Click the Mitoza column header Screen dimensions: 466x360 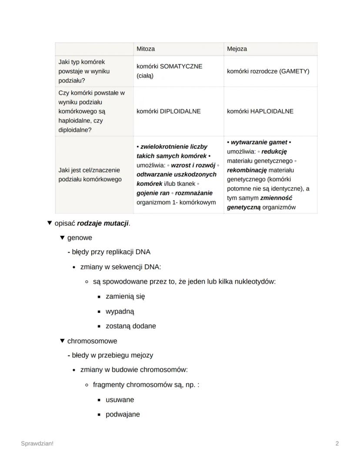146,49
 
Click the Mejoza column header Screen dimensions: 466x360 237,49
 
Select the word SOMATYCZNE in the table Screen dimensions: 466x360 181,67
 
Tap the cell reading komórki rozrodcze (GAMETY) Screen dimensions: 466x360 268,71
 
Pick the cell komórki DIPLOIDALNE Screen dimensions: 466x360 169,111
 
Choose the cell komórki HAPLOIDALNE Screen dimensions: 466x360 260,111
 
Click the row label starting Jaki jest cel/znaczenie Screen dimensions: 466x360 89,174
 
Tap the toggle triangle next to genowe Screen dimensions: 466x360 62,238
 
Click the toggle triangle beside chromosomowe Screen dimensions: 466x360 62,341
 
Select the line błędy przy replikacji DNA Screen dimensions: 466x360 111,252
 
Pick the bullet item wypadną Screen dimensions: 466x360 120,312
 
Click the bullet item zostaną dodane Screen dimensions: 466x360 130,326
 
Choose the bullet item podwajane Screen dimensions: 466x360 123,414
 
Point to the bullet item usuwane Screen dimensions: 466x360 120,399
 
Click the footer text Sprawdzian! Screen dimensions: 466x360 37,443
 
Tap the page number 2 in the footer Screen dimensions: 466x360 337,443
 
